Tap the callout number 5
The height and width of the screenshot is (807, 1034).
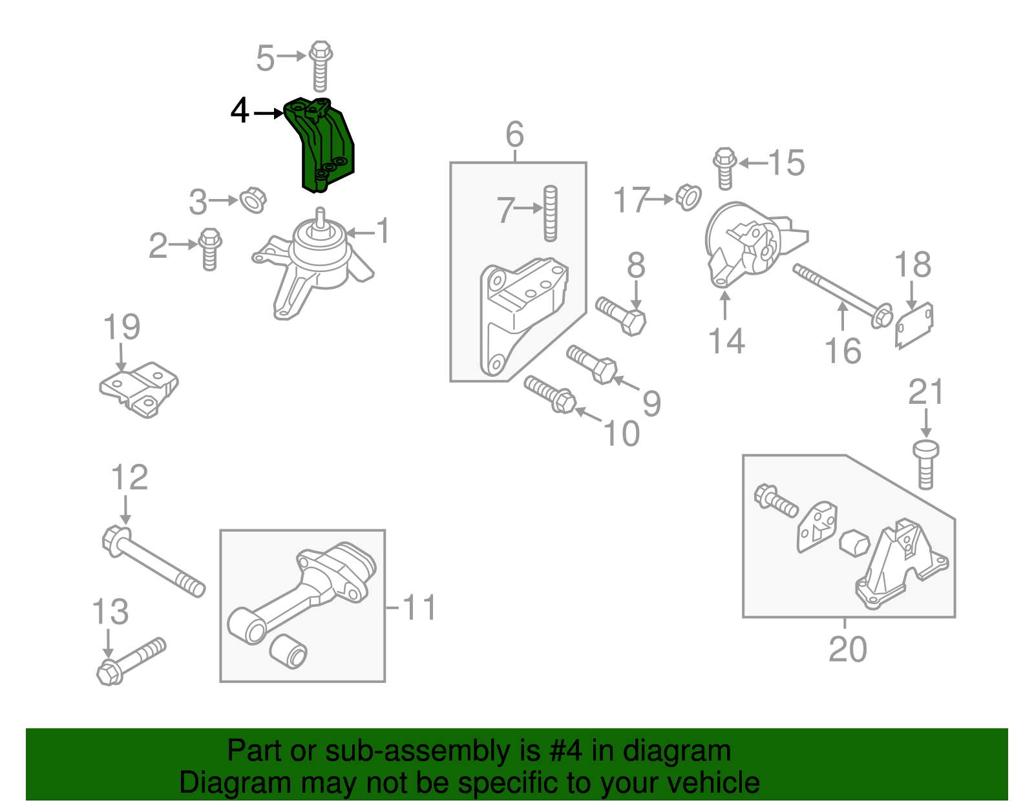click(x=266, y=58)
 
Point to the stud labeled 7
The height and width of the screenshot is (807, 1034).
click(x=550, y=213)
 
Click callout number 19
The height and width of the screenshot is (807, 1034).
click(x=121, y=327)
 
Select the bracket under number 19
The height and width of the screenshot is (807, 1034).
click(x=140, y=389)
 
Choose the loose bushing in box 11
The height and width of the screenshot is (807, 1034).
click(x=288, y=651)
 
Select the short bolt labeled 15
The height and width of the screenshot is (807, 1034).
click(x=725, y=168)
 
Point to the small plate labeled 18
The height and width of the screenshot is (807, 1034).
click(x=914, y=326)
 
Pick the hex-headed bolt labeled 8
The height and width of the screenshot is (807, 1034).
click(x=621, y=315)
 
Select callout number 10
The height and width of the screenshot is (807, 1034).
click(x=621, y=433)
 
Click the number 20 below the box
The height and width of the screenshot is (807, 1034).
click(x=847, y=649)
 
